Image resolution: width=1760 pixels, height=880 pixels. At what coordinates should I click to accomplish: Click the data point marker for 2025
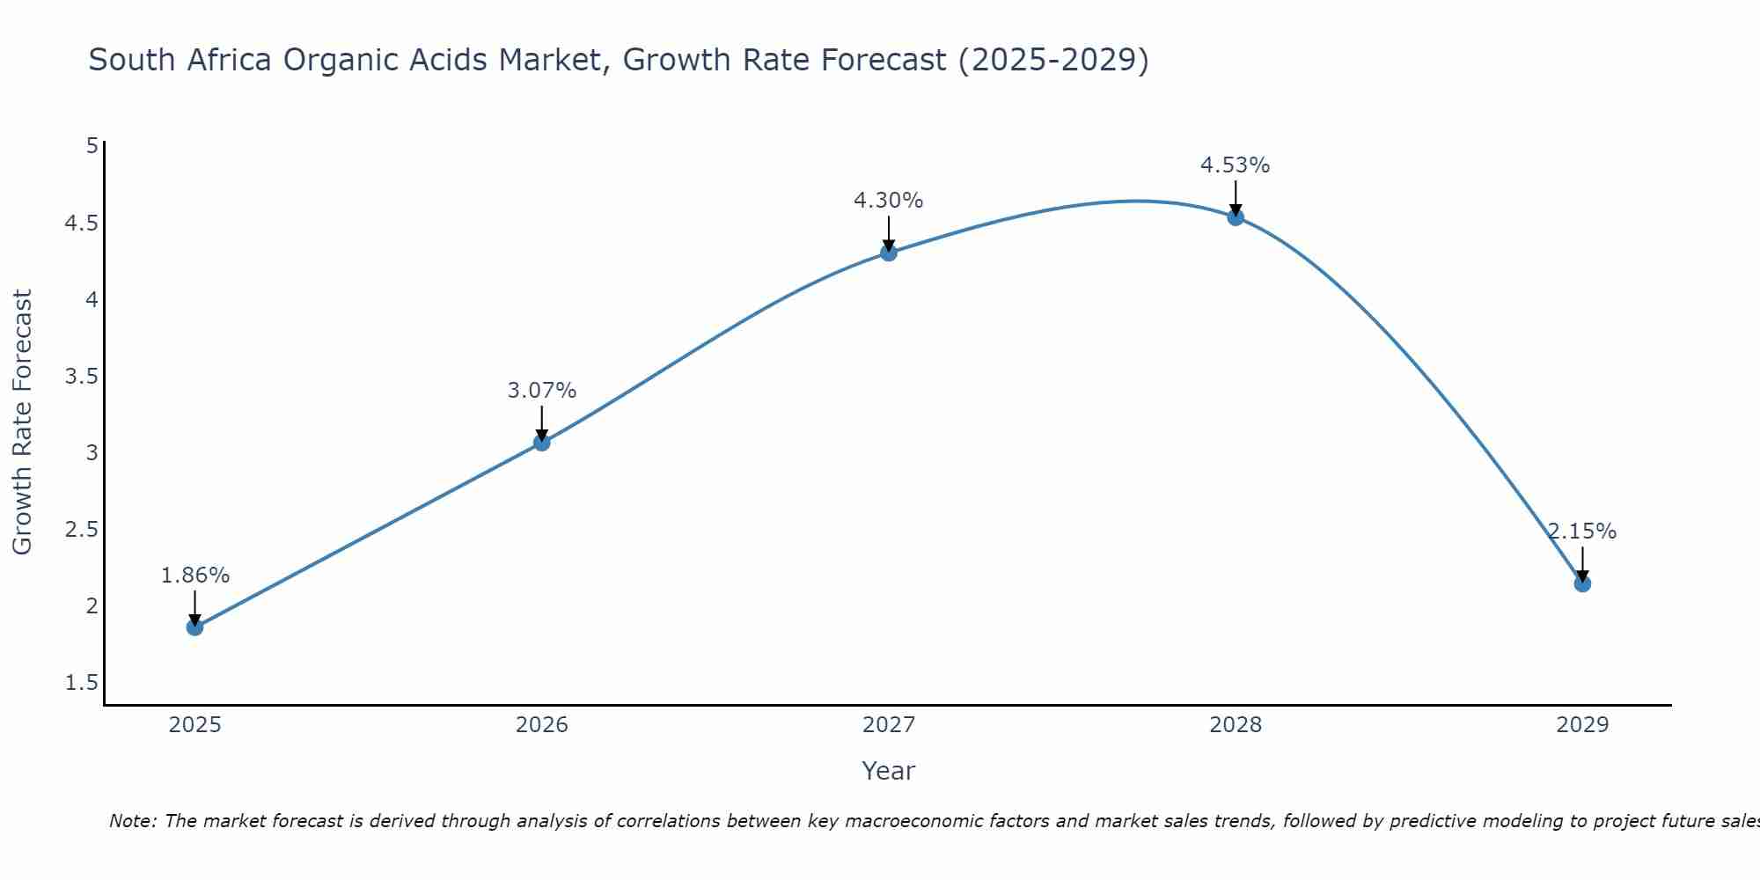pos(195,627)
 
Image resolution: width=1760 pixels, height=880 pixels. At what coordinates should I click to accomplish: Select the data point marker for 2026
pos(542,443)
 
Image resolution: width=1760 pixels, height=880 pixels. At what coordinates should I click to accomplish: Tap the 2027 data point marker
pos(889,253)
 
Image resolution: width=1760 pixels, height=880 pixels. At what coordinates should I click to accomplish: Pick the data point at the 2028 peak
pos(1236,217)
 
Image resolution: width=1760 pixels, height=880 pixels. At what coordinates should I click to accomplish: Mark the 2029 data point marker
pos(1582,583)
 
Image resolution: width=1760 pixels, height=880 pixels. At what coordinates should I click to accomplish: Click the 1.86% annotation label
pos(195,576)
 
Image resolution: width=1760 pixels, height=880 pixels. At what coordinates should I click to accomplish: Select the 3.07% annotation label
pos(542,391)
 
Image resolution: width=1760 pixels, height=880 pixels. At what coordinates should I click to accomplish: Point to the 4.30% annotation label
pos(889,201)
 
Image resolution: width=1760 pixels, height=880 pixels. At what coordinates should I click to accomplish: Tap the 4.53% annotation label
pos(1236,165)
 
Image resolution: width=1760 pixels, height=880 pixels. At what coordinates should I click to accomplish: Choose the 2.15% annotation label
pos(1582,532)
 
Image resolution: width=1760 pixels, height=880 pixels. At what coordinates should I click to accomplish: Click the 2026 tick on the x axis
pos(542,725)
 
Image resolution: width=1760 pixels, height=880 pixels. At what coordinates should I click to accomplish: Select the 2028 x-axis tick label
pos(1236,725)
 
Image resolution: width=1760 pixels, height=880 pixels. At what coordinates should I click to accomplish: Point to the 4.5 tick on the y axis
pos(81,224)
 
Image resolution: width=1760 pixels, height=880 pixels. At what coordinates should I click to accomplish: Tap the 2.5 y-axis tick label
pos(81,530)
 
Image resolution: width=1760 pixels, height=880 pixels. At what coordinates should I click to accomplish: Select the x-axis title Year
pos(889,771)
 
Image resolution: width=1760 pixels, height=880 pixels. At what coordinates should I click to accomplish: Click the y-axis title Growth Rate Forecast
pos(23,422)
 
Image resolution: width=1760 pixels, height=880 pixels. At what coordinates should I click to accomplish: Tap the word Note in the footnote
pos(131,821)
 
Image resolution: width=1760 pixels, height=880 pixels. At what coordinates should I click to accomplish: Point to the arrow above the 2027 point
pos(889,232)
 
